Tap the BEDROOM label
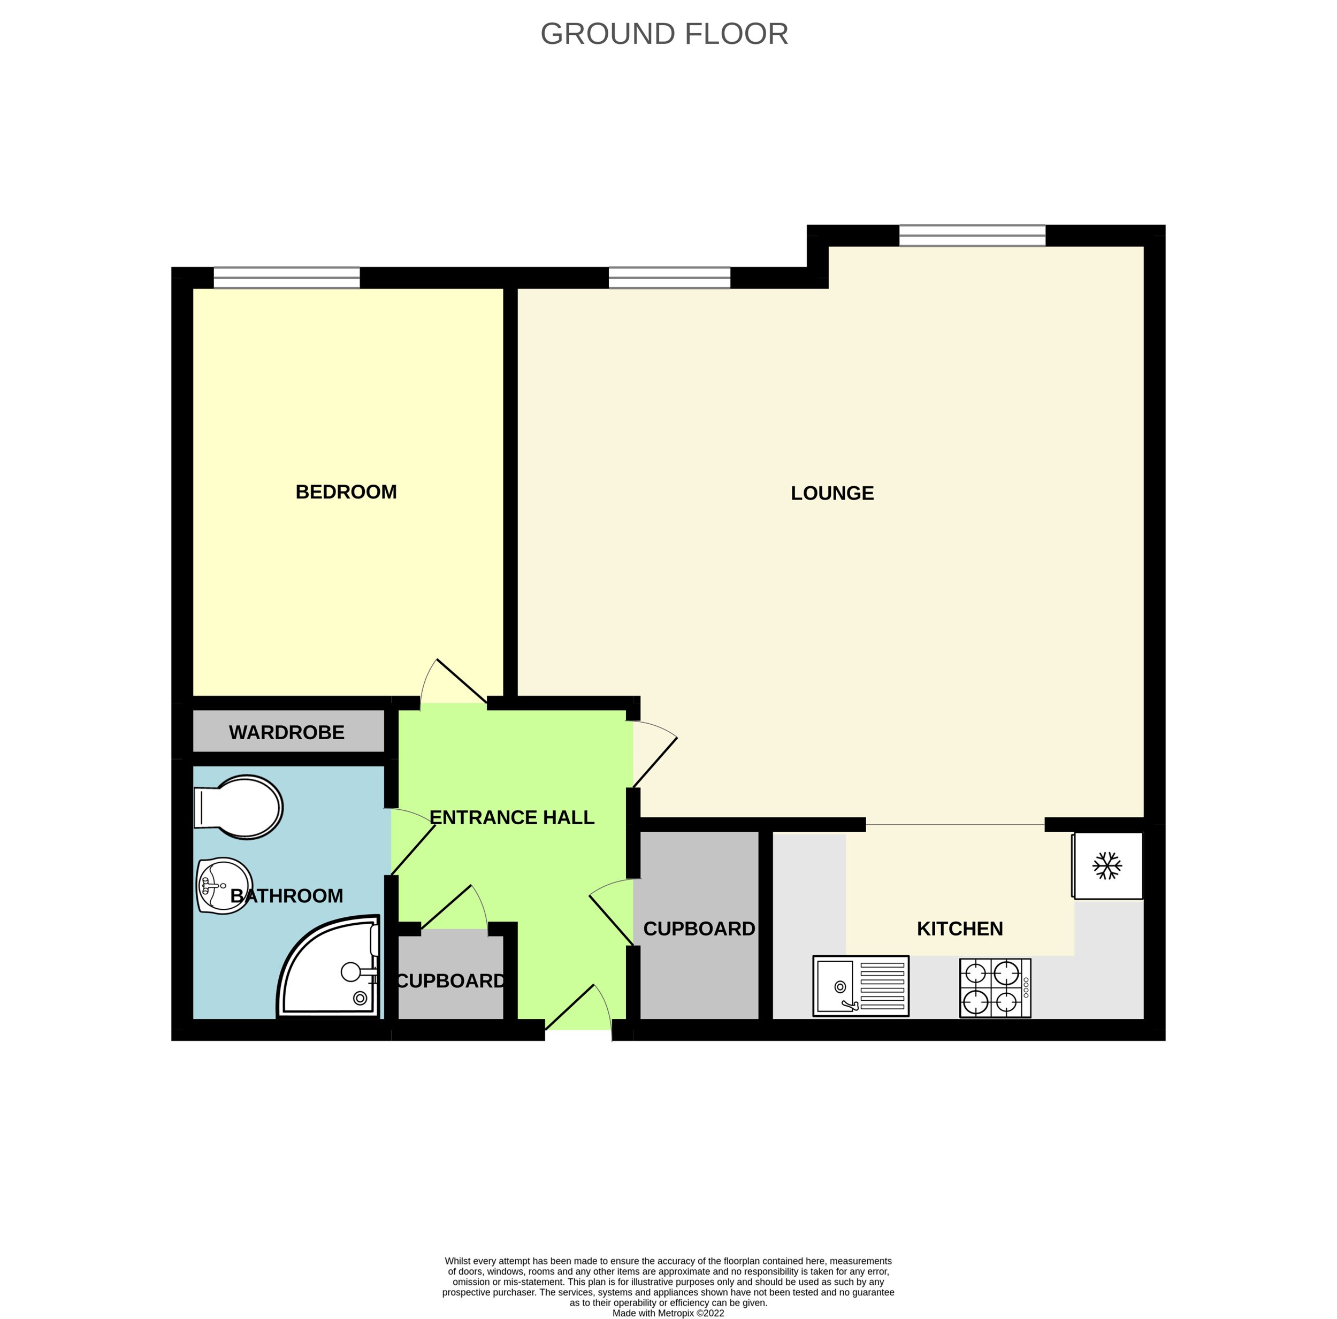point(346,492)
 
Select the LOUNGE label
point(832,493)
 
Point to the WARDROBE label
point(287,732)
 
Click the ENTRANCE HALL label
point(512,817)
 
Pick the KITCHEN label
point(960,929)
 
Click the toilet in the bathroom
point(238,807)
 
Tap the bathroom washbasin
point(225,886)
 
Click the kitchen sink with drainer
point(861,986)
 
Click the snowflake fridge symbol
point(1107,866)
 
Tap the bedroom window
point(287,278)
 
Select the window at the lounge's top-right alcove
point(972,235)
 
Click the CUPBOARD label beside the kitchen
point(699,929)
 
